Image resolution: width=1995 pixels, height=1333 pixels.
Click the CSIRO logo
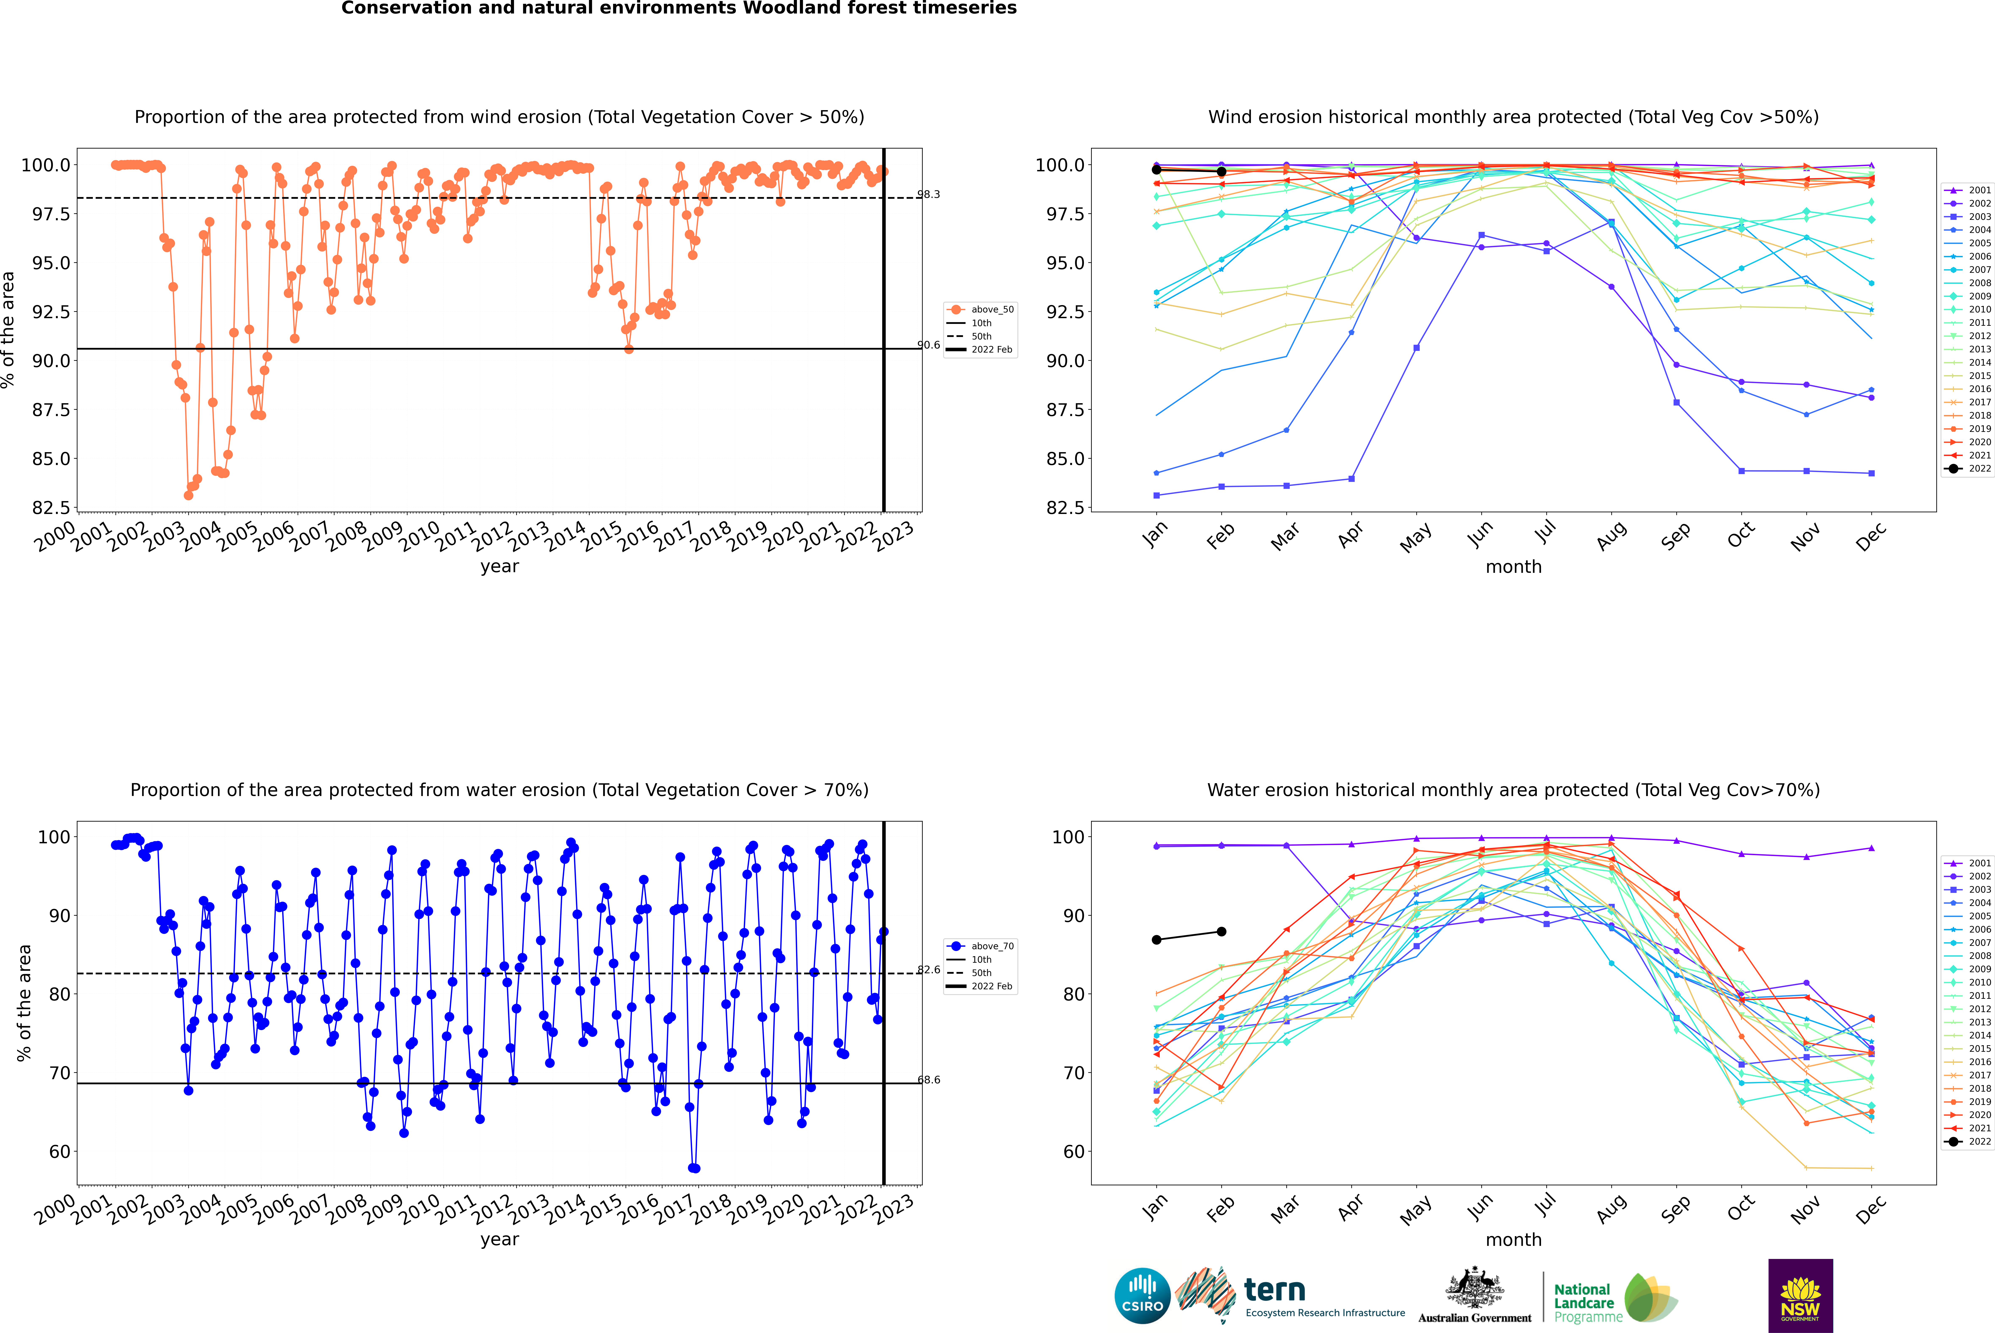tap(1142, 1296)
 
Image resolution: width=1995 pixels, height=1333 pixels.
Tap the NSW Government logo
tap(1800, 1296)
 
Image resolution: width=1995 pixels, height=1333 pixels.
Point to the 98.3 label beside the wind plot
tap(929, 195)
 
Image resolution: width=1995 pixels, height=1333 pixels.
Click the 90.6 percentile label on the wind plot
tap(929, 345)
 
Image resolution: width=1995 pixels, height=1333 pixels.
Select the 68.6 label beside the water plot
tap(929, 1080)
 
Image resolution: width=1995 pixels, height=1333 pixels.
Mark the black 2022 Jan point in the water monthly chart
tap(1157, 939)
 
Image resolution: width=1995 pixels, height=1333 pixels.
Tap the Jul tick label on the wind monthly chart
tap(1545, 531)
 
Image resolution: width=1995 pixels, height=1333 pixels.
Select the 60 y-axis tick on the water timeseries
tap(54, 1152)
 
